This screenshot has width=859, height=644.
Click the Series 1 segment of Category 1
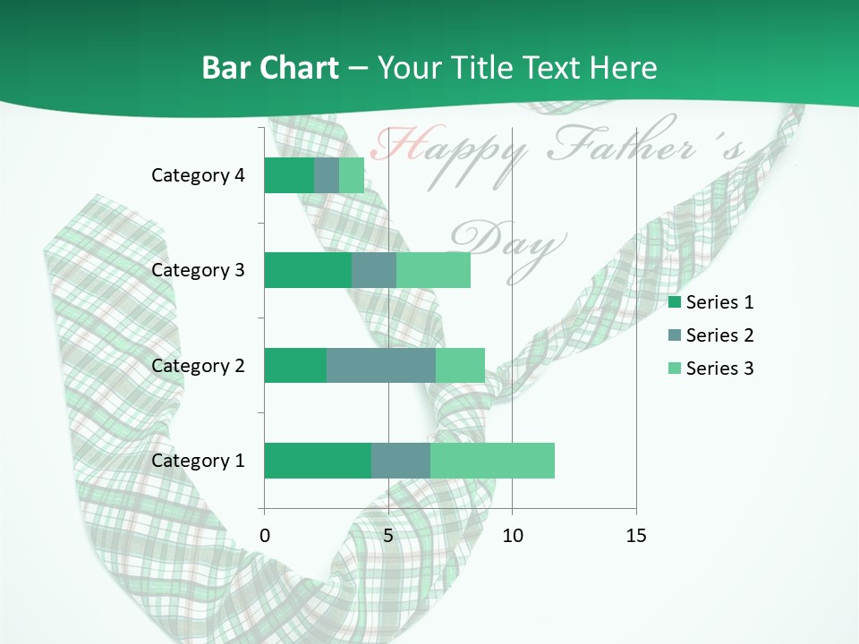(317, 461)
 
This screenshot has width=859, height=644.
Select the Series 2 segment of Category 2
(380, 365)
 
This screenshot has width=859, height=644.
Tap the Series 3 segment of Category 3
(433, 270)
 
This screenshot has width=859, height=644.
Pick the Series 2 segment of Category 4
(327, 175)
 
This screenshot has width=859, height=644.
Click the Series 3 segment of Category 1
(492, 461)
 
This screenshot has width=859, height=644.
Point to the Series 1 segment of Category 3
(307, 270)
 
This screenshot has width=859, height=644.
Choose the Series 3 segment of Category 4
(352, 175)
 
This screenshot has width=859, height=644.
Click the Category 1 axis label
(198, 461)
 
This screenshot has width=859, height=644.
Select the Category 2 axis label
(198, 365)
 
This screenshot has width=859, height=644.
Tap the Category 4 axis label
(198, 175)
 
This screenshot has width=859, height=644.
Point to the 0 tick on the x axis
(264, 536)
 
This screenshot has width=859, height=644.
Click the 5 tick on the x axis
(388, 536)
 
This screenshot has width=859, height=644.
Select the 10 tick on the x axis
(512, 536)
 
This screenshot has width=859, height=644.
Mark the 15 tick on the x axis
(636, 536)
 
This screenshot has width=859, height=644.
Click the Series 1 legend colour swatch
(675, 302)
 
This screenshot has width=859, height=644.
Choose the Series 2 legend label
(719, 335)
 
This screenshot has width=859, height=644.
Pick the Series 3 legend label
(719, 369)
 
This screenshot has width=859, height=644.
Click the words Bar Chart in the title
(270, 68)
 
